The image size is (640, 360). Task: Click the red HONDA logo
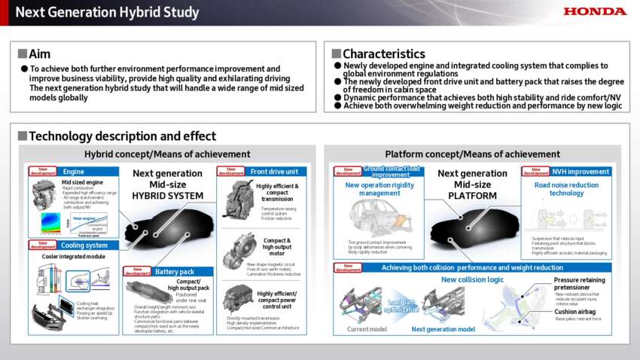click(595, 11)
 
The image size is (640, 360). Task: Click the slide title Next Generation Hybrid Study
click(108, 12)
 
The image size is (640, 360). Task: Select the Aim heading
click(39, 53)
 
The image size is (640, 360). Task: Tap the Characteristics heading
click(383, 53)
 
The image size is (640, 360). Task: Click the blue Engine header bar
click(87, 171)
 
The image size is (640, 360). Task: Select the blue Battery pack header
click(175, 271)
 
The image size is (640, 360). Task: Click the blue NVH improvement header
click(580, 171)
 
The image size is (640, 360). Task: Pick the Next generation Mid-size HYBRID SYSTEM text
click(167, 184)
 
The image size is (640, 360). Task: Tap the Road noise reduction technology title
click(565, 188)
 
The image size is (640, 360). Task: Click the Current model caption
click(367, 329)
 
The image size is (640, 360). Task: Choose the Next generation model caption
click(443, 329)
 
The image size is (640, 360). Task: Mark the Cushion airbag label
click(576, 311)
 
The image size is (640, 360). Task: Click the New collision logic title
click(471, 279)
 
